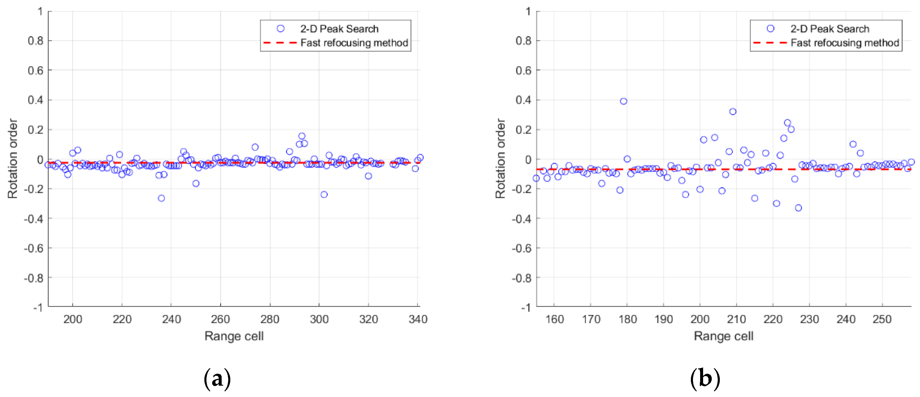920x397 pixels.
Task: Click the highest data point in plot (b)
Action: click(623, 101)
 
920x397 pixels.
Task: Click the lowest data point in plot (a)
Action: click(161, 198)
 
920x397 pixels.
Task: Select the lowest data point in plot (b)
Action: click(798, 208)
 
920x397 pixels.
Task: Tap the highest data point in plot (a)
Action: click(302, 136)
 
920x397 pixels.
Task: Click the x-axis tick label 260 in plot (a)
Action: click(220, 319)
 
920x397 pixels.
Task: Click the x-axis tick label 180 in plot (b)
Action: click(627, 319)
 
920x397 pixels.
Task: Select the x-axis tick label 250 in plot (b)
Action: click(882, 319)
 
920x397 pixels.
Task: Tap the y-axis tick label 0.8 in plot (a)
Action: click(35, 41)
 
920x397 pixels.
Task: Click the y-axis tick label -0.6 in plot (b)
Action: click(521, 248)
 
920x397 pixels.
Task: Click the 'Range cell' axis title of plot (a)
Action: click(234, 336)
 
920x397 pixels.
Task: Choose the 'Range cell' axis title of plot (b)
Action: click(724, 336)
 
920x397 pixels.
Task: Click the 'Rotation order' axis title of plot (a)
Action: click(13, 159)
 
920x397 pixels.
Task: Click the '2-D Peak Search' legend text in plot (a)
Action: click(339, 29)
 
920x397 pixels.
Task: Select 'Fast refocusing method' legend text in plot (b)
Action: click(845, 43)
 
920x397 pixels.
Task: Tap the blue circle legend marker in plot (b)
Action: click(770, 29)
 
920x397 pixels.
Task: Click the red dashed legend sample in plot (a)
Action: click(280, 43)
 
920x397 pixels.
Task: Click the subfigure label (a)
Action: click(217, 379)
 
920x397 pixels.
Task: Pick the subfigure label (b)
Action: click(705, 379)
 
